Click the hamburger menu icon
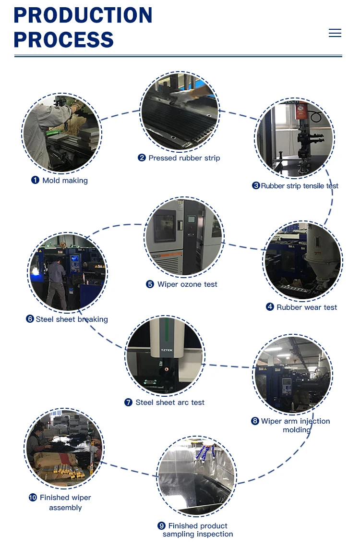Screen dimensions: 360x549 point(335,33)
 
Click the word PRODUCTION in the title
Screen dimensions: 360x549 point(83,15)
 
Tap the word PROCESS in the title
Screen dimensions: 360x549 point(64,39)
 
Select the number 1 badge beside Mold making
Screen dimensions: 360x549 point(35,180)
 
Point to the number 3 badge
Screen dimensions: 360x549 point(256,186)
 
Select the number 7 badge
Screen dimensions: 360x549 point(128,403)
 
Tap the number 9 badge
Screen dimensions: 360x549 point(162,526)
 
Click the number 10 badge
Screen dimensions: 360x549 point(33,498)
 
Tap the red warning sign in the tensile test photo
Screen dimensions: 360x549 point(301,112)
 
